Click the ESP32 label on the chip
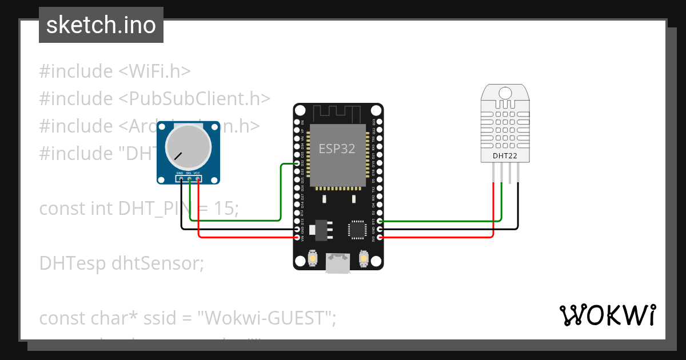click(337, 149)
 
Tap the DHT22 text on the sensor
click(501, 155)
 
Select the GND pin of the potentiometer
click(181, 179)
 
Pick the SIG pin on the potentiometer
click(189, 179)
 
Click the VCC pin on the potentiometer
click(198, 179)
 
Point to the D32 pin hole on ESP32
click(297, 163)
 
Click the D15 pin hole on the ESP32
click(380, 221)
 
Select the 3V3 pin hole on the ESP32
click(380, 237)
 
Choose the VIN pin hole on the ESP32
click(297, 237)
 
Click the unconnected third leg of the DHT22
click(510, 173)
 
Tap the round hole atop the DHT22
click(505, 93)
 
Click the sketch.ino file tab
click(101, 25)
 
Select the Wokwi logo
click(607, 315)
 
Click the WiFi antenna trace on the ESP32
click(338, 114)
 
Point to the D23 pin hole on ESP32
click(380, 122)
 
